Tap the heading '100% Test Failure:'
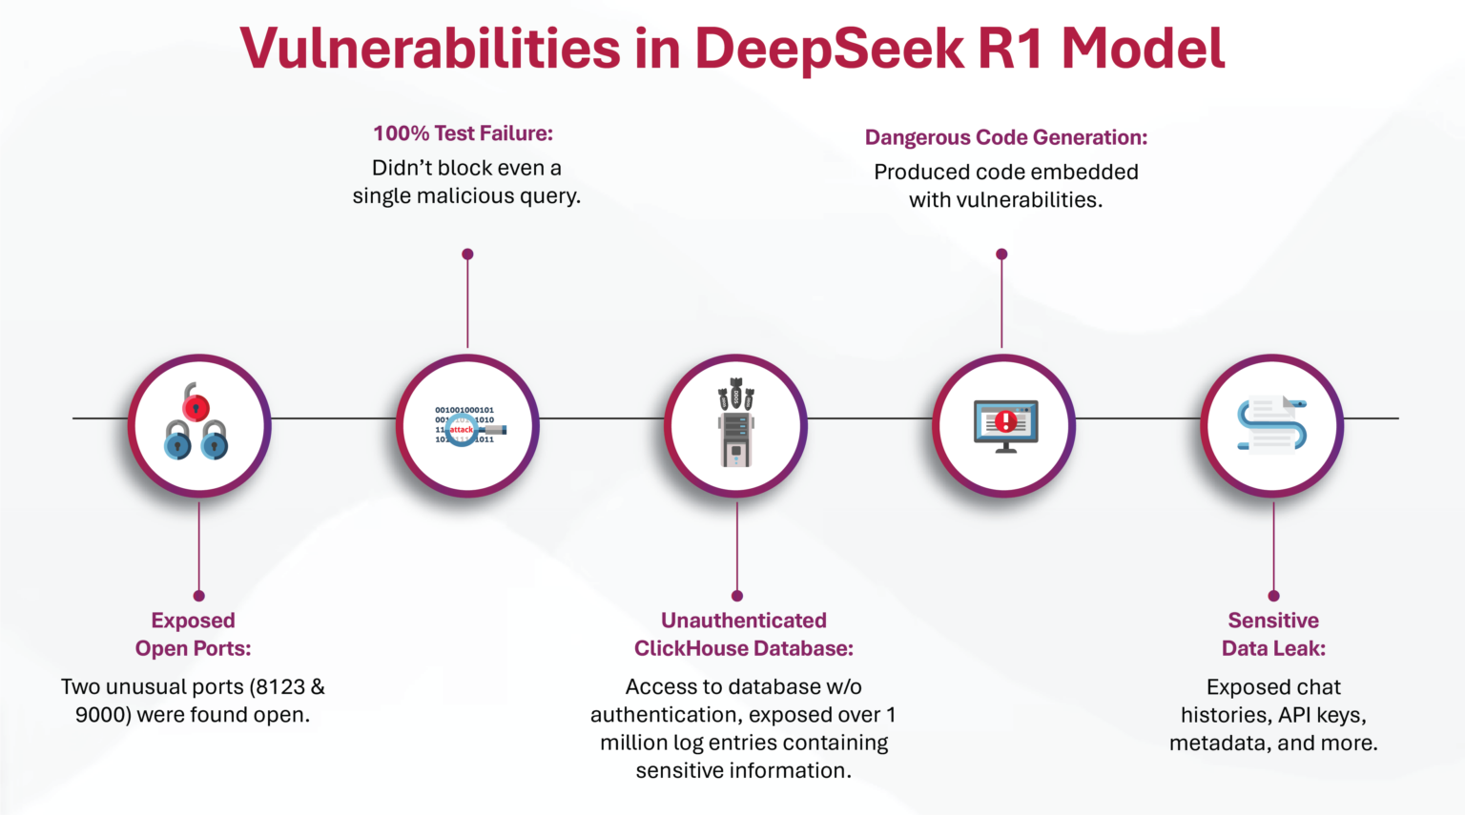click(x=463, y=133)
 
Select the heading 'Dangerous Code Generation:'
click(x=1005, y=137)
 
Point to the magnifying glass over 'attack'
click(x=462, y=430)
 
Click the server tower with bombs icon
click(x=735, y=423)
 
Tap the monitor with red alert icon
click(x=1005, y=425)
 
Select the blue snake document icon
click(x=1271, y=425)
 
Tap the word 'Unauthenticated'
click(x=743, y=621)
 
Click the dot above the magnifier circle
click(x=467, y=255)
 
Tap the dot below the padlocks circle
click(x=198, y=596)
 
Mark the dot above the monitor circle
click(x=1001, y=255)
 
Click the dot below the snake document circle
click(x=1273, y=596)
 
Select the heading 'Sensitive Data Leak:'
click(x=1273, y=634)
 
